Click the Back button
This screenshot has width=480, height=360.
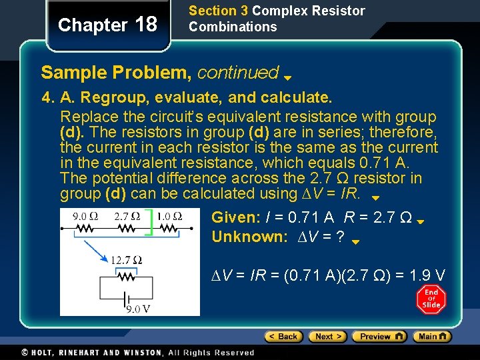(x=284, y=337)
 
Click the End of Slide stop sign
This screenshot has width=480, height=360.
(x=431, y=300)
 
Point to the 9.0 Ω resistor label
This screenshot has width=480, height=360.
(x=85, y=216)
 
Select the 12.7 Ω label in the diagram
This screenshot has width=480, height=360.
(x=126, y=260)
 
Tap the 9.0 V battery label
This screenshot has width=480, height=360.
(x=139, y=309)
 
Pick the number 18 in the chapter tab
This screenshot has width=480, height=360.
(x=146, y=25)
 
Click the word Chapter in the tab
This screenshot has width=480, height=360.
(x=93, y=25)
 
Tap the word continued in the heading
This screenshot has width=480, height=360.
(x=237, y=72)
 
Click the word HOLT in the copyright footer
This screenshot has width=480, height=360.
(x=45, y=353)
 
